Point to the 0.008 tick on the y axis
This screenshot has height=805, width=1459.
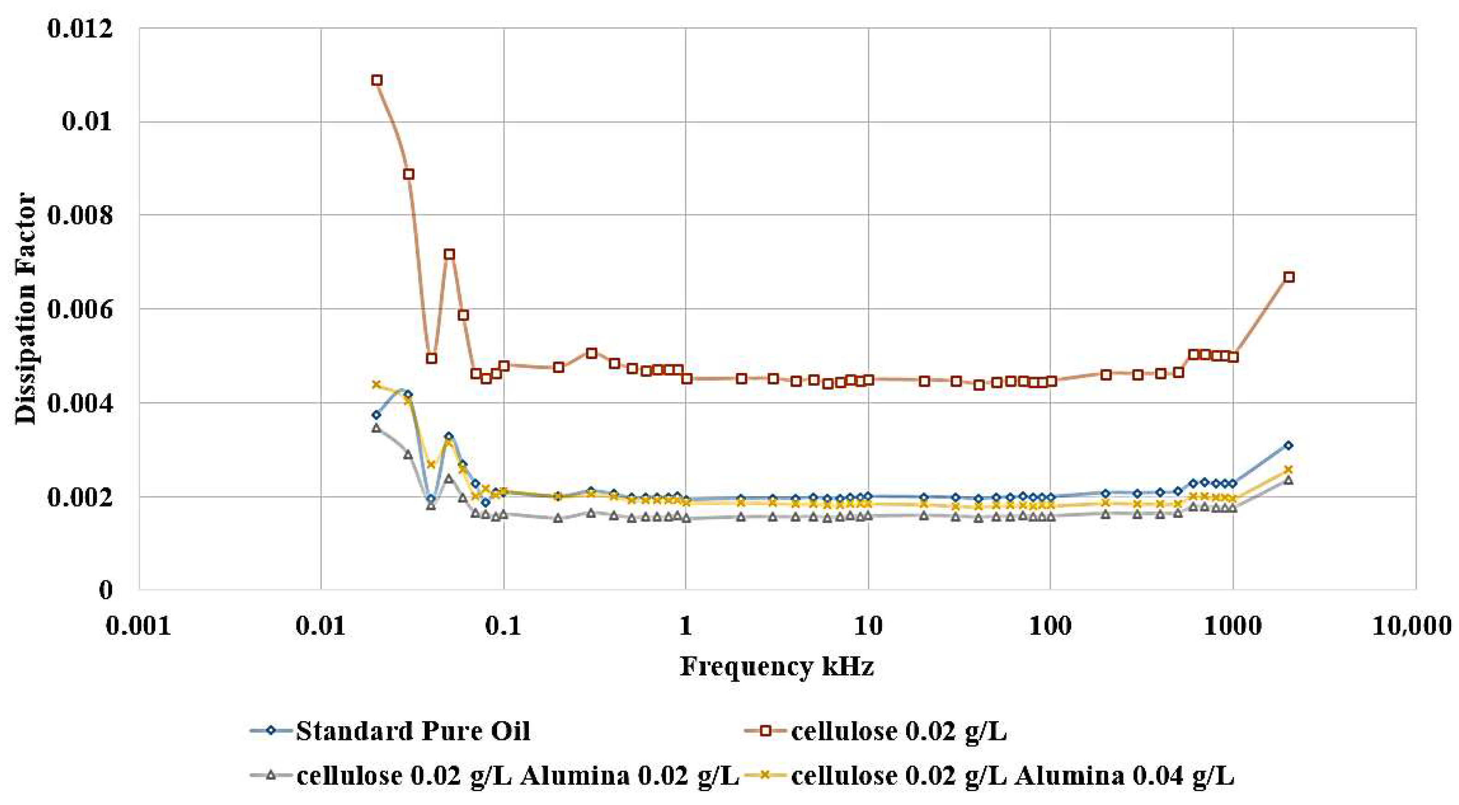click(x=79, y=216)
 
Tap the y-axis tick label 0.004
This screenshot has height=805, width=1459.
click(x=79, y=403)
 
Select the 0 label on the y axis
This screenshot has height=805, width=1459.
click(x=105, y=591)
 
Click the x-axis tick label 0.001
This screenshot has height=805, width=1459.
click(x=139, y=626)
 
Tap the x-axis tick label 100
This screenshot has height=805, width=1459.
click(x=1050, y=626)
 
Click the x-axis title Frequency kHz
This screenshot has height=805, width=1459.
click(x=777, y=666)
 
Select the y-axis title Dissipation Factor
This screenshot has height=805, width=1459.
click(x=25, y=308)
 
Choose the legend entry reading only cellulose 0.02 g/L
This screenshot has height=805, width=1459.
click(x=898, y=731)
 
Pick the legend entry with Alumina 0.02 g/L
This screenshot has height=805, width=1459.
click(x=517, y=775)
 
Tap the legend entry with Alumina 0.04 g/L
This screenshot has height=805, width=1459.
click(x=1012, y=775)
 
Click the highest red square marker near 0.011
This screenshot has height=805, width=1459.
click(x=377, y=80)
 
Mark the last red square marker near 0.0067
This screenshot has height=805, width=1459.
click(x=1288, y=277)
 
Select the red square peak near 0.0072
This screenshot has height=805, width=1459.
click(x=449, y=254)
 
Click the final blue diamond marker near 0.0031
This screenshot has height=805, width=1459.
click(x=1288, y=445)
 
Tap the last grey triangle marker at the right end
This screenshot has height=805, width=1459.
click(x=1288, y=480)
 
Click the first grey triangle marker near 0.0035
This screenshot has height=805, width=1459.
click(x=376, y=428)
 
